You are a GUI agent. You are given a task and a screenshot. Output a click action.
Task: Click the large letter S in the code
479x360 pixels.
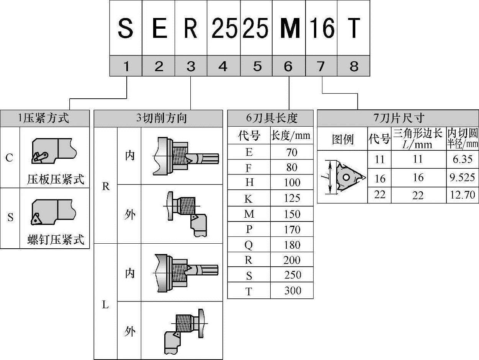pos(126,28)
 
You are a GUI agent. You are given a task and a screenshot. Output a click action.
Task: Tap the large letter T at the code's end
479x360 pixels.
pos(354,28)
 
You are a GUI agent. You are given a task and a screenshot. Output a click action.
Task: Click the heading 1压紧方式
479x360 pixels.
pos(44,118)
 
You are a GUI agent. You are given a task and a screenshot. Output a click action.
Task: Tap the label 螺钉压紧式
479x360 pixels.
pos(56,240)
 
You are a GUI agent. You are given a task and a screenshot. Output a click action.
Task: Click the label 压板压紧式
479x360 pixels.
pos(56,179)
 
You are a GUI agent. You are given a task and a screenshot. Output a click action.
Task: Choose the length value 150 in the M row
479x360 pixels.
pos(292,214)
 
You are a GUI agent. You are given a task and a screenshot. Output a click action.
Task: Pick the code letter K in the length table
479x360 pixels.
pos(249,199)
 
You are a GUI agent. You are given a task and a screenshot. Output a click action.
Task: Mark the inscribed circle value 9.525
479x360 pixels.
pos(463,178)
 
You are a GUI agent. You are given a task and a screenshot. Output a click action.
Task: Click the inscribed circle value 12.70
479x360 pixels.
pos(463,195)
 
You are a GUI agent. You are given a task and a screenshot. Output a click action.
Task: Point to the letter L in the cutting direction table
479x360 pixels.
pos(106,305)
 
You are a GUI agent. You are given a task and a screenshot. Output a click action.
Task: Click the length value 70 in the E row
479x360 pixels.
pos(292,152)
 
